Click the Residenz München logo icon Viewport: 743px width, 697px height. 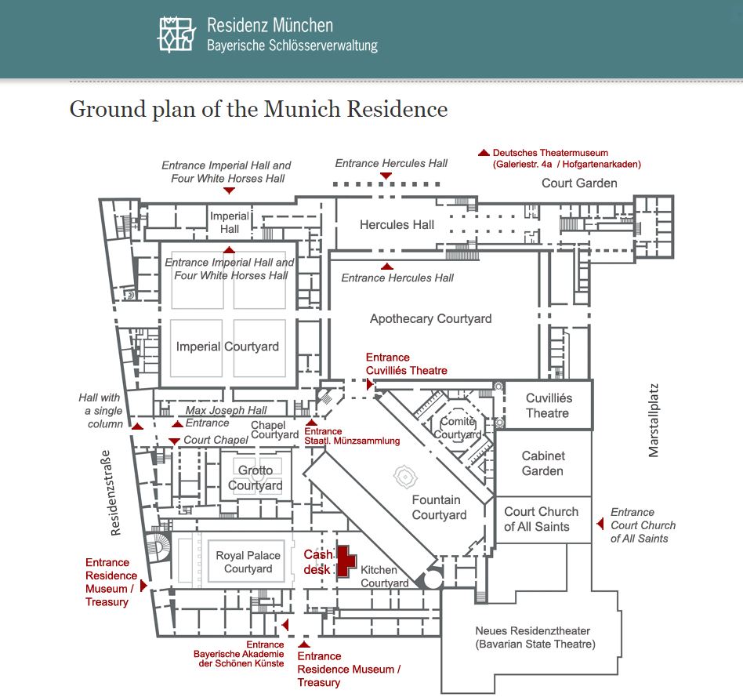176,33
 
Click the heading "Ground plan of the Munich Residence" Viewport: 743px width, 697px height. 259,108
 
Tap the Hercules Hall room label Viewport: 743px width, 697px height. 397,225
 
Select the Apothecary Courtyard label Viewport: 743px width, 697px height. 430,318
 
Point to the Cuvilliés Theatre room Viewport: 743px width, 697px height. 548,405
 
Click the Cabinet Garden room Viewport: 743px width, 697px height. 542,463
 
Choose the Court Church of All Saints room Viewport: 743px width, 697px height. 541,519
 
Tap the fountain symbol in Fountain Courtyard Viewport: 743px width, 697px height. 405,475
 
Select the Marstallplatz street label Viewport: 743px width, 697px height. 654,419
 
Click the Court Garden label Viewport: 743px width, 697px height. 579,183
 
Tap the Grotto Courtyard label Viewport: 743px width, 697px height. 256,478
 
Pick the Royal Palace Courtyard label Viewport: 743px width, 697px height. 248,562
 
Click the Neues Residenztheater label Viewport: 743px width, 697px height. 532,637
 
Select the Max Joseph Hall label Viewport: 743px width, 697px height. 226,410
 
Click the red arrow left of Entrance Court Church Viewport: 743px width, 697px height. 600,524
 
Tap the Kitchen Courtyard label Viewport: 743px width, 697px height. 384,576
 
